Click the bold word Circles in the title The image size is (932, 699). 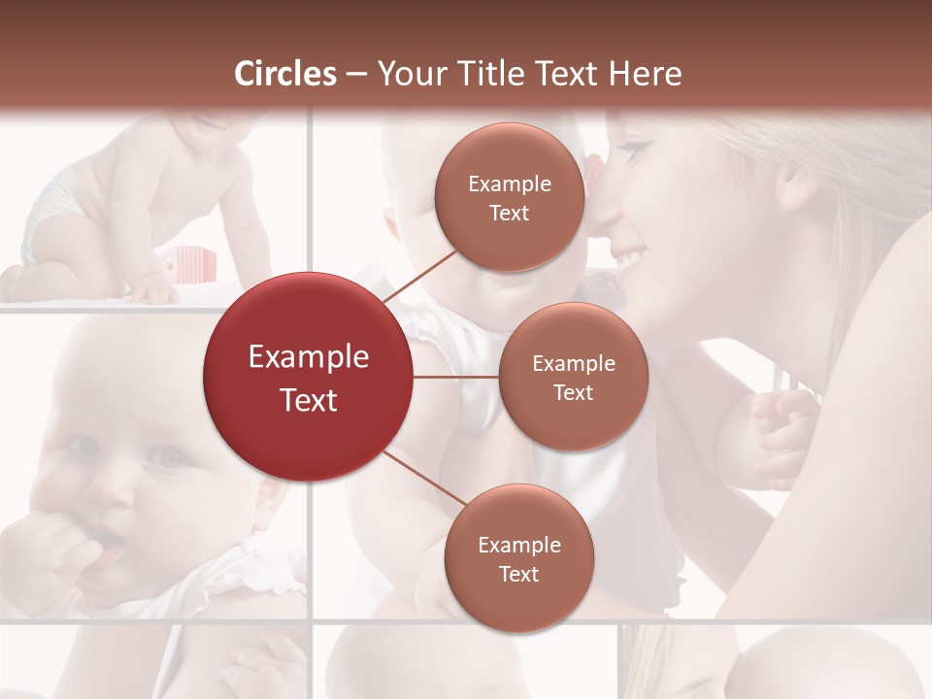pyautogui.click(x=285, y=74)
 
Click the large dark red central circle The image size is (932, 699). pyautogui.click(x=308, y=377)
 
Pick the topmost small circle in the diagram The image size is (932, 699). pyautogui.click(x=509, y=197)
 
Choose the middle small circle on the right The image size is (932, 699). pyautogui.click(x=573, y=377)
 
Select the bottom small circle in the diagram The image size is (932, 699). pyautogui.click(x=518, y=558)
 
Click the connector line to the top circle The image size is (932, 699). pyautogui.click(x=418, y=275)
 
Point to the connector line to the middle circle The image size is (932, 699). pyautogui.click(x=456, y=377)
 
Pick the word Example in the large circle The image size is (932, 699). pyautogui.click(x=308, y=357)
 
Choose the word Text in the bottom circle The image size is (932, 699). pyautogui.click(x=518, y=574)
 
